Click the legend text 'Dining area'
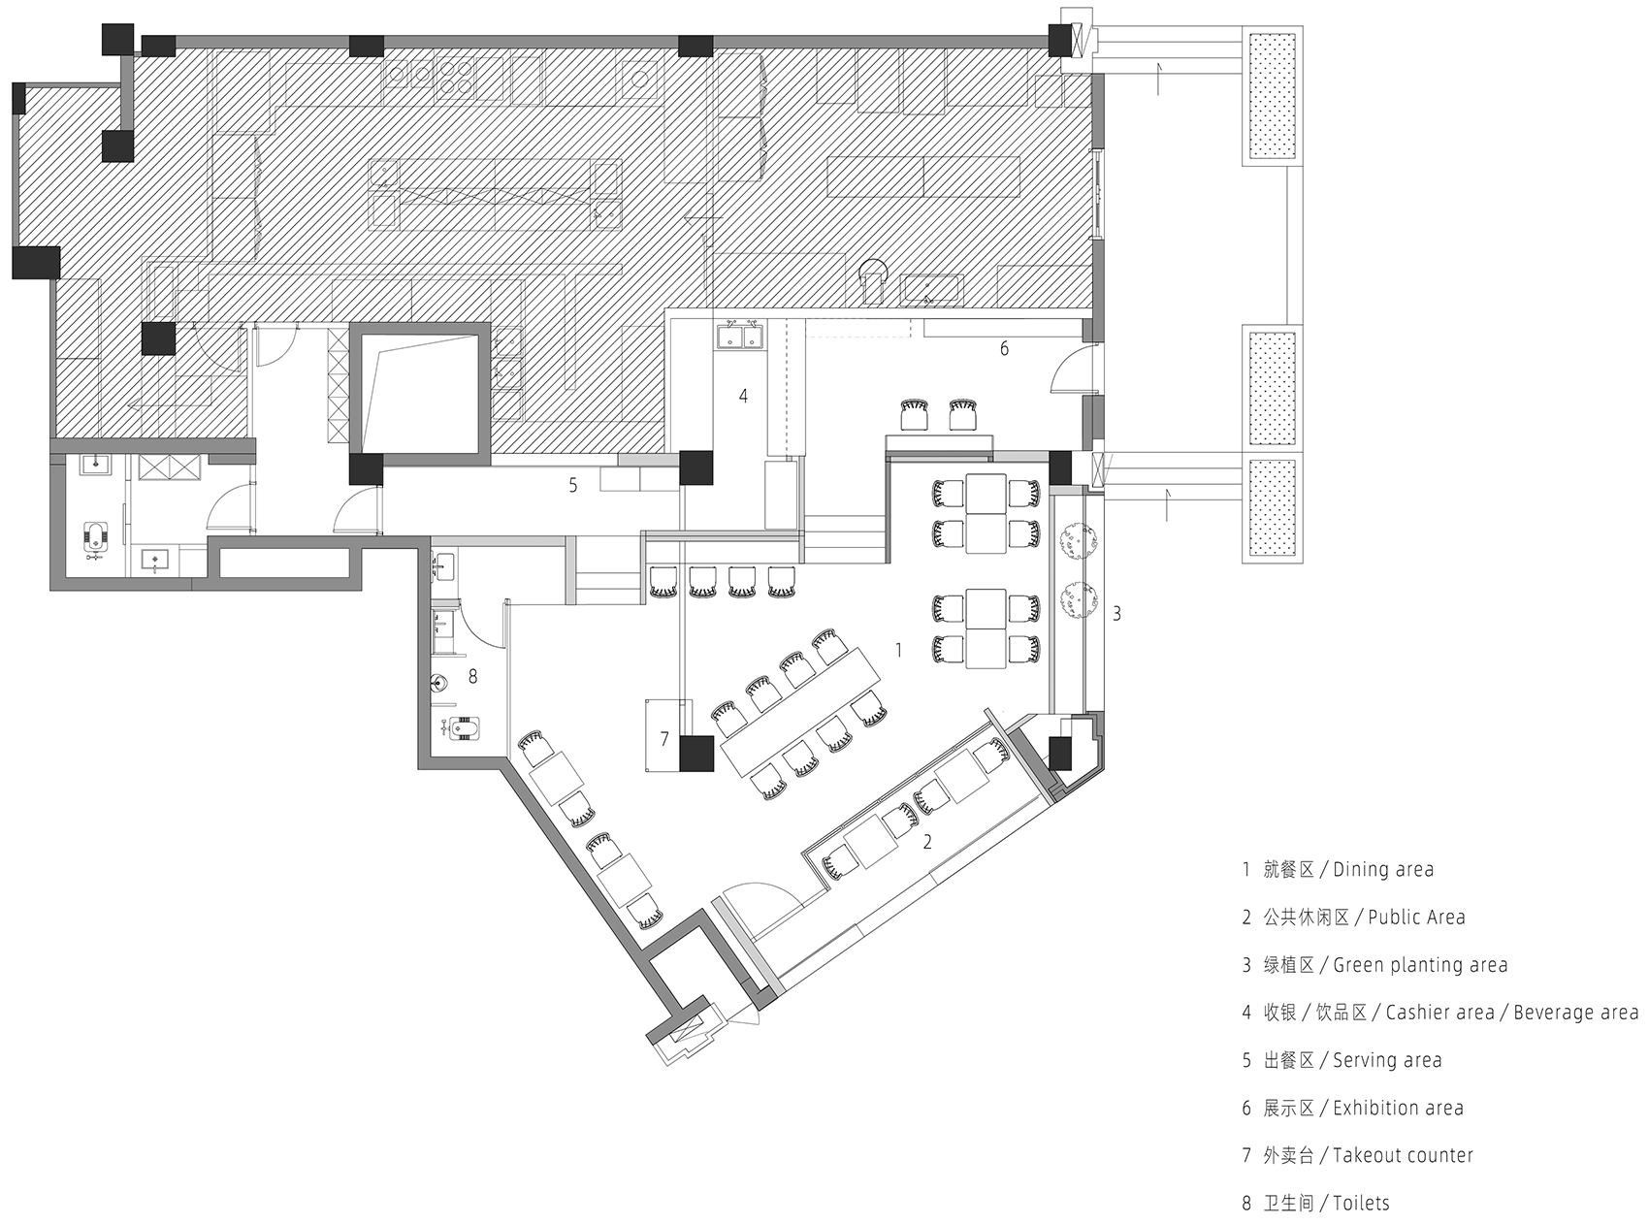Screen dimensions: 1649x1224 click(x=1382, y=869)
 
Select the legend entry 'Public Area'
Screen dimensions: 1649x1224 click(x=1416, y=917)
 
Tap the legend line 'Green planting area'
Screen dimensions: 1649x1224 click(x=1420, y=965)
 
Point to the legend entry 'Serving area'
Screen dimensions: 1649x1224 click(x=1387, y=1060)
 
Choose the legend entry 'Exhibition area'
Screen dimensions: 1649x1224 click(x=1398, y=1108)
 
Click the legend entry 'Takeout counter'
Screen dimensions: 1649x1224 click(x=1403, y=1155)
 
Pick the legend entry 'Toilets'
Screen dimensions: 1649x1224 click(x=1361, y=1203)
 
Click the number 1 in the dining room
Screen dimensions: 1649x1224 click(x=898, y=650)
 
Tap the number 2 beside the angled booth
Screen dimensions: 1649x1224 click(x=927, y=842)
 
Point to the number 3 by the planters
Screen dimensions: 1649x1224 click(x=1116, y=613)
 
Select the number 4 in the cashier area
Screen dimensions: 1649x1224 click(x=743, y=396)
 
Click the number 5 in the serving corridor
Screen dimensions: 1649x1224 click(x=573, y=485)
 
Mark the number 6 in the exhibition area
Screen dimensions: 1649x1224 click(x=1004, y=348)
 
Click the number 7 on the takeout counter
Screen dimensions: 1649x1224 click(x=664, y=739)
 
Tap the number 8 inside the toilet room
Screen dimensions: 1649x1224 click(x=472, y=676)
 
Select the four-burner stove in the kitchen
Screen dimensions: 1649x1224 click(x=454, y=78)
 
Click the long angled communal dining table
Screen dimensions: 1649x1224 click(x=800, y=712)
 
